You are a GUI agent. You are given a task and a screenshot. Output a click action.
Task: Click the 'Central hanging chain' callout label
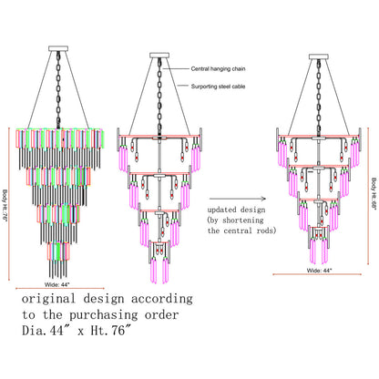click(218, 69)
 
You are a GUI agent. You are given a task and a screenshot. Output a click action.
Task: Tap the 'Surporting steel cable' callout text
click(218, 87)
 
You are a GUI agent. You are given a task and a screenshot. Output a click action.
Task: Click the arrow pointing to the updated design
click(238, 199)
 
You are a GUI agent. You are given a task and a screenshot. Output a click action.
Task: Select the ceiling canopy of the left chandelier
click(58, 48)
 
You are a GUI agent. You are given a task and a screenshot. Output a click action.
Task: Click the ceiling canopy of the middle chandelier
click(159, 56)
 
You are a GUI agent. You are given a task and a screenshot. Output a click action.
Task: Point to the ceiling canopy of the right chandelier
click(319, 56)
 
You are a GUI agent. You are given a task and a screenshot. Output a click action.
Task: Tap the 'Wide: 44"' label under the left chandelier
click(57, 284)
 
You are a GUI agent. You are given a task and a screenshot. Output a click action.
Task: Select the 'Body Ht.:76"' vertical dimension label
click(5, 206)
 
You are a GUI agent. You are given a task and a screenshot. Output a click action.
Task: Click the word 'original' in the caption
click(48, 299)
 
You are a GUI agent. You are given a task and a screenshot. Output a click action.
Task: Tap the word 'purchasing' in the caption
click(104, 315)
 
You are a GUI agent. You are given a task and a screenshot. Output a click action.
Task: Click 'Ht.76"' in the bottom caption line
click(112, 331)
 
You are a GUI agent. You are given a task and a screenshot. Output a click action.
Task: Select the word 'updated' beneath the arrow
click(221, 210)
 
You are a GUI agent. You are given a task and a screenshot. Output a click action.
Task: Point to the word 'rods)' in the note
click(266, 230)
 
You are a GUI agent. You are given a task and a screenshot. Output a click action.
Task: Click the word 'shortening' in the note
click(242, 220)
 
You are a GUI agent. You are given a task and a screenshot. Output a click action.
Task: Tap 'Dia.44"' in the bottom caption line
click(43, 331)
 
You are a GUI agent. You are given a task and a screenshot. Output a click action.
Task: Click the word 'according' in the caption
click(162, 299)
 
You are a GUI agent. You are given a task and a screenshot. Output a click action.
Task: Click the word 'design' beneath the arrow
click(253, 210)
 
